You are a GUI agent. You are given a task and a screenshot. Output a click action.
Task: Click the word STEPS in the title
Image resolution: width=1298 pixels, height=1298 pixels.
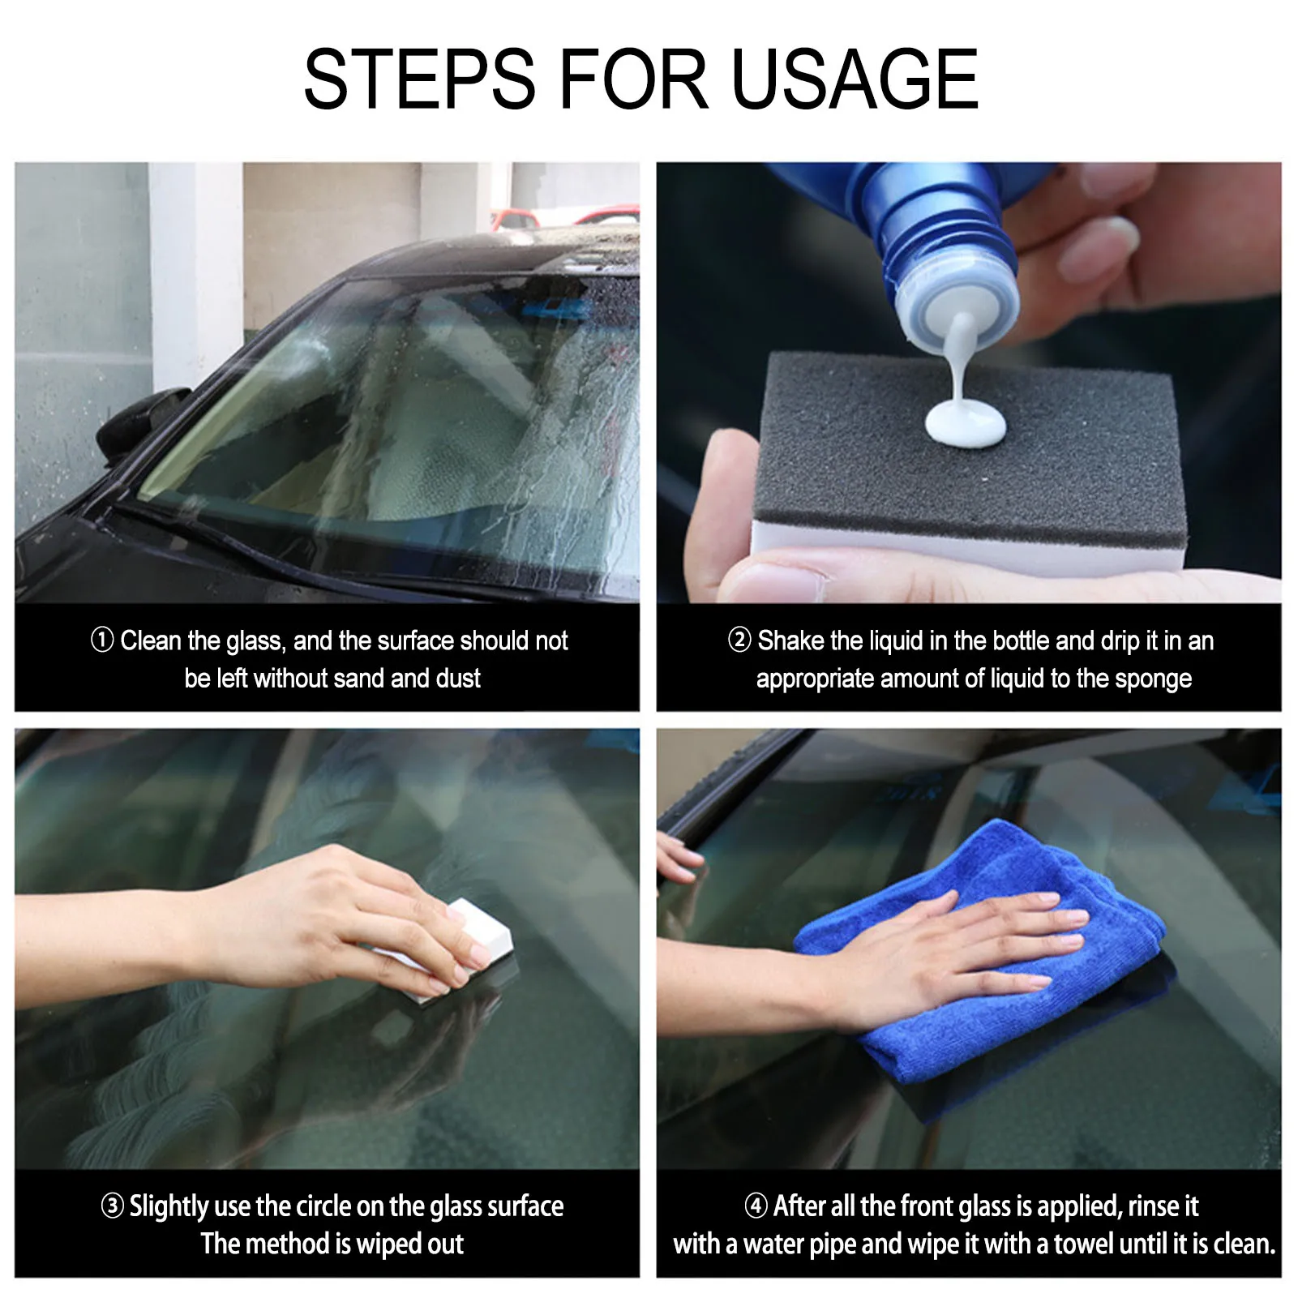(419, 79)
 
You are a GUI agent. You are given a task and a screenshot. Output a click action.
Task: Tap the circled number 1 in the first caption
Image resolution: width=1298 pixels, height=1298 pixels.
(102, 640)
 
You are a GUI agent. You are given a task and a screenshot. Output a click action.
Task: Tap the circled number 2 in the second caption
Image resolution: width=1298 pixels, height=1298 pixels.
(739, 640)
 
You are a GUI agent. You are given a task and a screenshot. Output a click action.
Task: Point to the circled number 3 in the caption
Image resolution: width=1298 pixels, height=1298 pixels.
(112, 1206)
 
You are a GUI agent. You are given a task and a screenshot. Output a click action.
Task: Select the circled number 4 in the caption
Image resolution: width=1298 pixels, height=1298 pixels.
(756, 1206)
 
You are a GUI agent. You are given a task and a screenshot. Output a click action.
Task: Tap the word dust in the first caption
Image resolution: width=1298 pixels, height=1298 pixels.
(458, 678)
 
